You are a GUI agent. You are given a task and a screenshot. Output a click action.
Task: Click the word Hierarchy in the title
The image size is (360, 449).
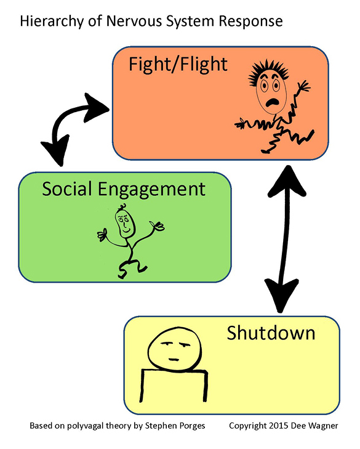tap(47, 22)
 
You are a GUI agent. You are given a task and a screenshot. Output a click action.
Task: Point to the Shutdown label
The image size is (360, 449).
tap(271, 333)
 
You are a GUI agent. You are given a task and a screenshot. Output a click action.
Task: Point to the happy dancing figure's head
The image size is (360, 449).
tap(125, 222)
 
